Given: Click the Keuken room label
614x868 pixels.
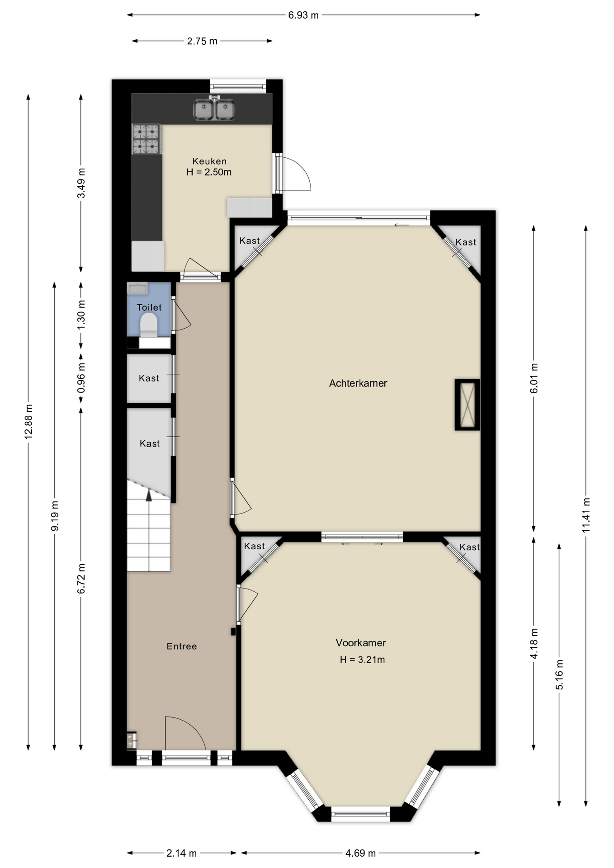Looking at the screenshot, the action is (209, 161).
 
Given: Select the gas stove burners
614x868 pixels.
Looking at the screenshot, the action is (146, 139).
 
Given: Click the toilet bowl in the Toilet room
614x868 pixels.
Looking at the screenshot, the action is (148, 325).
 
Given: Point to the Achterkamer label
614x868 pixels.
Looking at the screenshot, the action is (358, 383).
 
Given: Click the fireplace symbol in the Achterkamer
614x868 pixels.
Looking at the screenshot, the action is (467, 405).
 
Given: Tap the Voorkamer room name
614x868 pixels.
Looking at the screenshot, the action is (361, 642).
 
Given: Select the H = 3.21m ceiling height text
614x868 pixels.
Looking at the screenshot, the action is (362, 660).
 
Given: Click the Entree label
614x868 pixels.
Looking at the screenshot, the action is (182, 646).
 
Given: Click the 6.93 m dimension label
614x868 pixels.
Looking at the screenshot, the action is (303, 15).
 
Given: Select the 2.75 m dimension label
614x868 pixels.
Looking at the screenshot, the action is (202, 41).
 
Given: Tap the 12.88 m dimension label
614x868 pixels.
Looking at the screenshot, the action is (28, 421).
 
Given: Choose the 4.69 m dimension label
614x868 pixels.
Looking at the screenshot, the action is (360, 853).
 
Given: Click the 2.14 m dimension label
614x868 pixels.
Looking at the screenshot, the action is (181, 853).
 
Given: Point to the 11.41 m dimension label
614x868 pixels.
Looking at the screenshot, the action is (586, 515).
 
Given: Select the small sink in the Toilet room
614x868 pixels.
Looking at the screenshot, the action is (137, 288).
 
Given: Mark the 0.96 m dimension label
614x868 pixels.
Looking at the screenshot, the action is (81, 378).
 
